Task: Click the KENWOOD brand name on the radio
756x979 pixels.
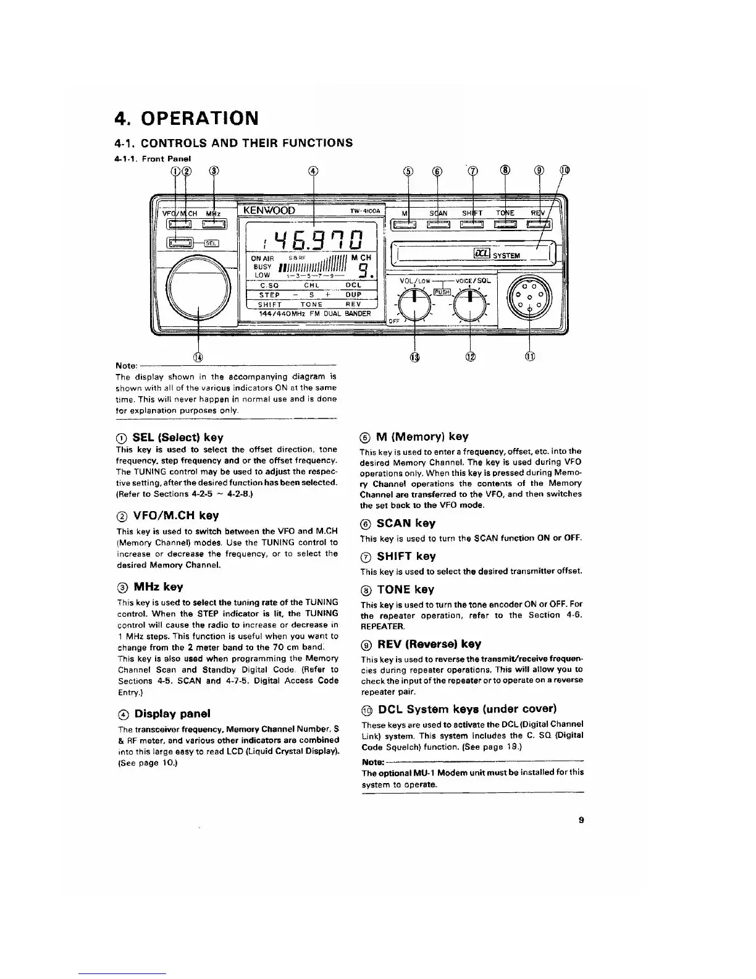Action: pos(270,210)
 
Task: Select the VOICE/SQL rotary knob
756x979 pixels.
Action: pos(471,302)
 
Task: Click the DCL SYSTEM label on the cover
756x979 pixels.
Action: pos(497,254)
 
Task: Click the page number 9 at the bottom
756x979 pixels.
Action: pos(581,820)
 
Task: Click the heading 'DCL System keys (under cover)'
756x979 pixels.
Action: pos(467,708)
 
